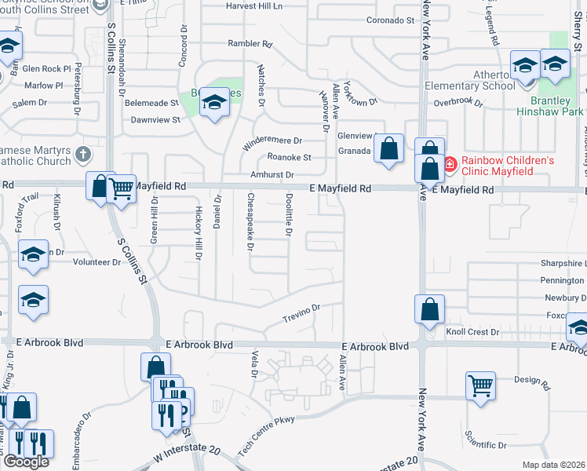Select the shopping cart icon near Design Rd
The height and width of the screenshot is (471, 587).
480,386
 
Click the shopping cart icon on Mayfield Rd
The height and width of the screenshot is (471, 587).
121,188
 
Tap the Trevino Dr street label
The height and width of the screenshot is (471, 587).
302,315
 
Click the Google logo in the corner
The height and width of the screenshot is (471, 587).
25,462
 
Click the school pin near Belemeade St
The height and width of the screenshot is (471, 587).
213,103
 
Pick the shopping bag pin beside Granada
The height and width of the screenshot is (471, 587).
389,148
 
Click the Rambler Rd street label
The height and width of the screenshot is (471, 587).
250,44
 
